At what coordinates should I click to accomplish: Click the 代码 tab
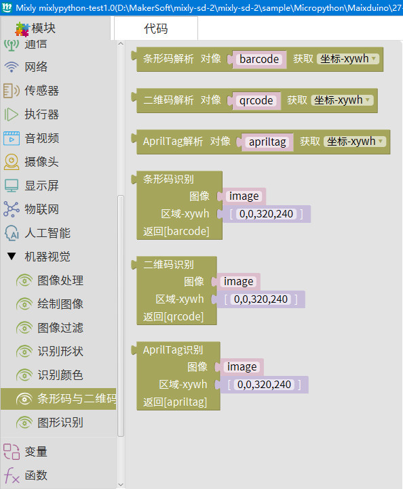(156, 28)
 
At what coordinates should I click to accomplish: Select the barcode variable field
(259, 59)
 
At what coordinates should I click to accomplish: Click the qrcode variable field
(256, 100)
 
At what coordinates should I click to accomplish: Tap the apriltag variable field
(267, 142)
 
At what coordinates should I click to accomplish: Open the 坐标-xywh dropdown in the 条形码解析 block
(347, 59)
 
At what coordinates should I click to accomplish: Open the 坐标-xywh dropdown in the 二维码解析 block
(342, 100)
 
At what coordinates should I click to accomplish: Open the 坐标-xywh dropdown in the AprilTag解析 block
(355, 142)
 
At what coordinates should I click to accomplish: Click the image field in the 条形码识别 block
(244, 196)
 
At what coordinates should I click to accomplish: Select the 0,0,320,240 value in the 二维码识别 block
(261, 299)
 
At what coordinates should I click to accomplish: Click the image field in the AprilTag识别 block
(242, 367)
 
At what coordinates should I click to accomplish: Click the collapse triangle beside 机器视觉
(12, 257)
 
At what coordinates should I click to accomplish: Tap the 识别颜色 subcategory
(60, 375)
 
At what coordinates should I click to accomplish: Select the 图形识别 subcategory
(60, 423)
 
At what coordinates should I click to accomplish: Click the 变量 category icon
(12, 452)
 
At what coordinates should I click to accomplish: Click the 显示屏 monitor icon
(12, 186)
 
